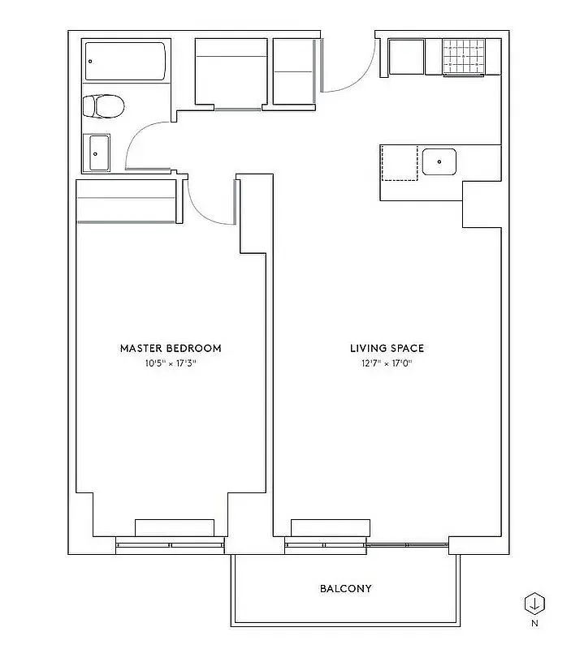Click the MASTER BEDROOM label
(171, 348)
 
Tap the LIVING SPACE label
(387, 348)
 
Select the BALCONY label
(345, 588)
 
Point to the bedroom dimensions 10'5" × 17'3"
(171, 363)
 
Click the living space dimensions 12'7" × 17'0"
(387, 363)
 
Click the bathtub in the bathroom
(126, 62)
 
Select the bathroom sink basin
(99, 153)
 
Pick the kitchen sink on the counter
(439, 161)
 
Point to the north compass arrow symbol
(534, 604)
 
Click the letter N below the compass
(534, 624)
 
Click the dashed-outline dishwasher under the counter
(399, 163)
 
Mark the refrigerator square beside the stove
(406, 57)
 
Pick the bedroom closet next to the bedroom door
(127, 201)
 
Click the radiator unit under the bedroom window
(175, 528)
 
